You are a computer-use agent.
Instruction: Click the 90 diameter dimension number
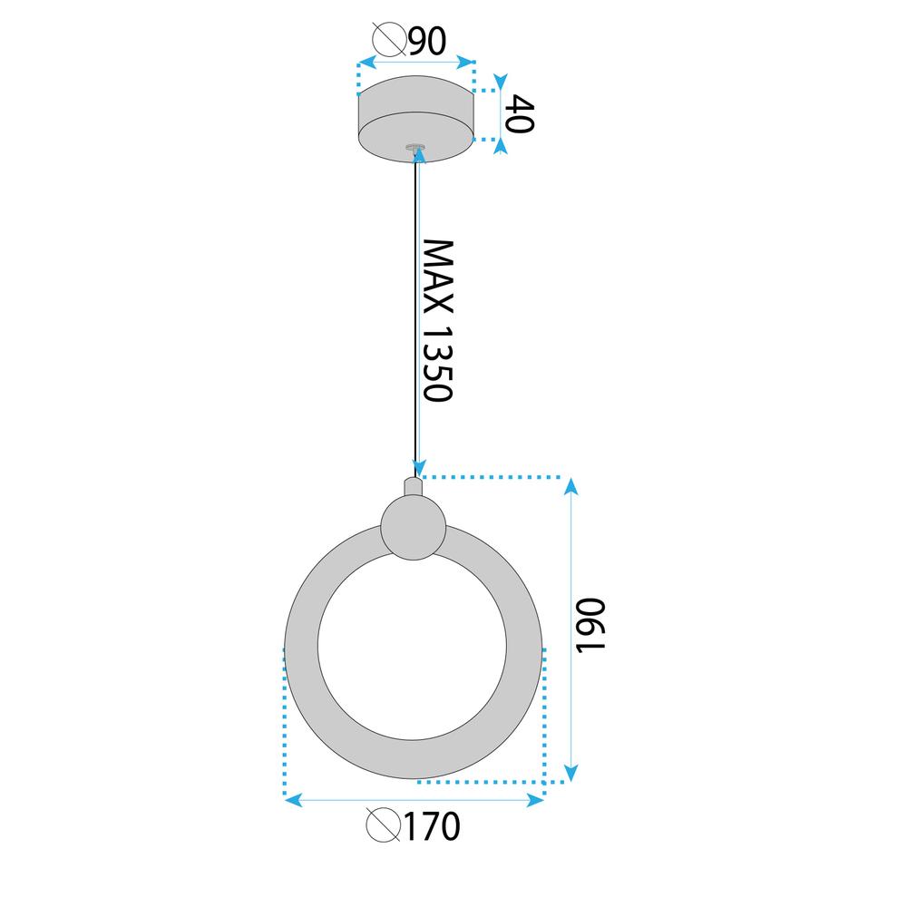coord(428,42)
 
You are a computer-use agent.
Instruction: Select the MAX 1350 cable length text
coord(438,321)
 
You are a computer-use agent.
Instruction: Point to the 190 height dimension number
coord(590,625)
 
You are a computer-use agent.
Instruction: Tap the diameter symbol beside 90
coord(389,41)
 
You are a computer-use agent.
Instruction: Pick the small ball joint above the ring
coord(414,527)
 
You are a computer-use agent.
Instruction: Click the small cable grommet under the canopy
coord(416,145)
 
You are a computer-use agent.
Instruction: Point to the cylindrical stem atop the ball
coord(414,487)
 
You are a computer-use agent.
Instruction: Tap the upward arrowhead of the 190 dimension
coord(571,487)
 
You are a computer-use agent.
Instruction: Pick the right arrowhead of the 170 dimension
coord(535,799)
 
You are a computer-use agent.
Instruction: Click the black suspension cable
coord(416,308)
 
